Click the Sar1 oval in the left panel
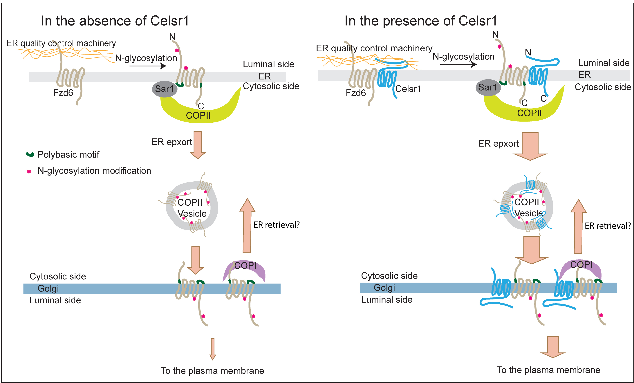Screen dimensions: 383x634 pyautogui.click(x=164, y=89)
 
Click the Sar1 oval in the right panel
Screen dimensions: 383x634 pyautogui.click(x=488, y=87)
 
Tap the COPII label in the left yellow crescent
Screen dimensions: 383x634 pyautogui.click(x=198, y=115)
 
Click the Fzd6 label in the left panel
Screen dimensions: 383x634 pyautogui.click(x=63, y=93)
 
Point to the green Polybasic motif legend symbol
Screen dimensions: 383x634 pyautogui.click(x=30, y=154)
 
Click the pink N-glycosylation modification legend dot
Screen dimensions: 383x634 pyautogui.click(x=29, y=171)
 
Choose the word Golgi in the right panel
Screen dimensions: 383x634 pyautogui.click(x=384, y=288)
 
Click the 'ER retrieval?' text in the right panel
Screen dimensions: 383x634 pyautogui.click(x=608, y=226)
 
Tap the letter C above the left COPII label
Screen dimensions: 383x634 pyautogui.click(x=201, y=106)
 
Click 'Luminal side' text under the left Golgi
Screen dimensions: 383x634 pyautogui.click(x=55, y=300)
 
